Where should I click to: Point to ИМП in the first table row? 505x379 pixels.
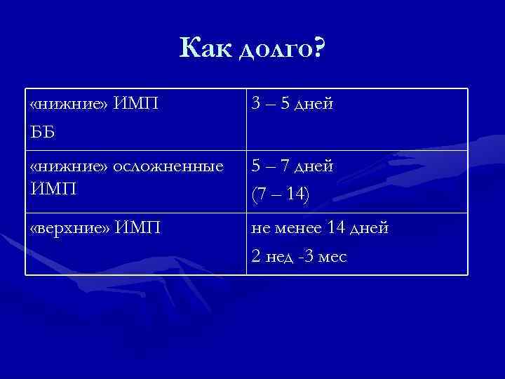coord(136,105)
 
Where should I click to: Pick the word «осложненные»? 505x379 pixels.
coord(168,166)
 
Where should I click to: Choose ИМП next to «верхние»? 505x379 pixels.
coord(140,228)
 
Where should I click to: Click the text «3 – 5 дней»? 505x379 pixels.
coord(293,105)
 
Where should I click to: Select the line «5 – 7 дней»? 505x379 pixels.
coord(293,166)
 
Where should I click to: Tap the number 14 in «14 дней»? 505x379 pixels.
coord(337,228)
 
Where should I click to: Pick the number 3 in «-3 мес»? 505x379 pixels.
coord(308,258)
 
